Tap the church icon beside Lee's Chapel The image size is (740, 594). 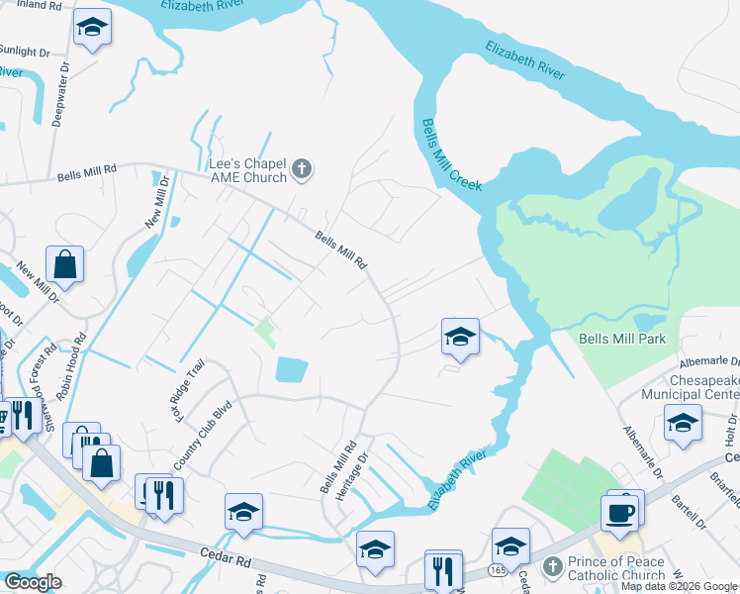pyautogui.click(x=303, y=171)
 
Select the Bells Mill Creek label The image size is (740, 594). pyautogui.click(x=450, y=155)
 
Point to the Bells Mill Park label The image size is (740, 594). pyautogui.click(x=621, y=339)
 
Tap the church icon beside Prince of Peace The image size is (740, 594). pyautogui.click(x=554, y=567)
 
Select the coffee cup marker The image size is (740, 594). pyautogui.click(x=619, y=513)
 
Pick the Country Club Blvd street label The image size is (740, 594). pyautogui.click(x=202, y=441)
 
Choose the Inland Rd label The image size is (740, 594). pyautogui.click(x=34, y=7)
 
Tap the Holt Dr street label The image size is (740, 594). pyautogui.click(x=731, y=430)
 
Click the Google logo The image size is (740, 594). pyautogui.click(x=33, y=581)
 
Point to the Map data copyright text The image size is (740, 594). pyautogui.click(x=679, y=586)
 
